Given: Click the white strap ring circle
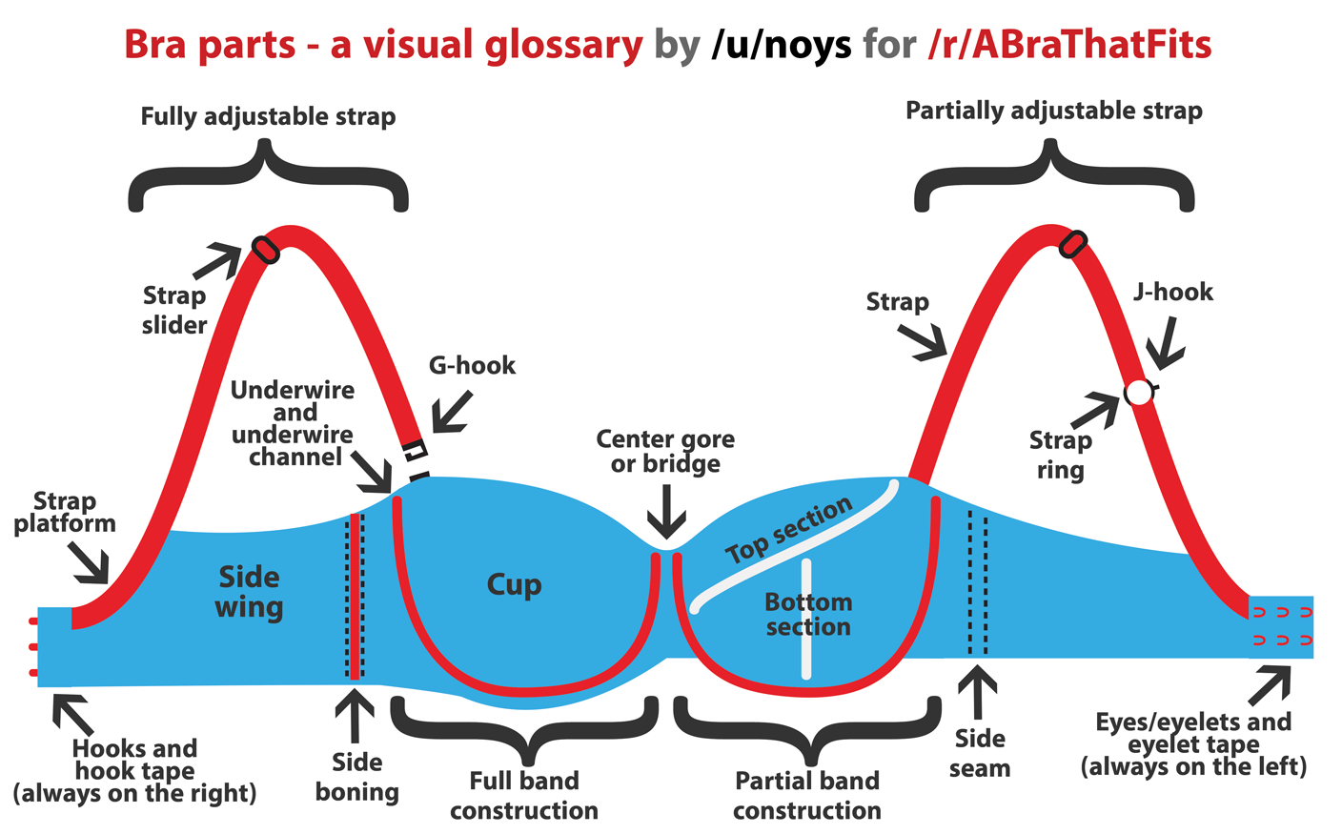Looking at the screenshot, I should pyautogui.click(x=1138, y=392).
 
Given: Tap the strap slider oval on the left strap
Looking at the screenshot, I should pyautogui.click(x=265, y=250).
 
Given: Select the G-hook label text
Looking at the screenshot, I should pyautogui.click(x=472, y=365).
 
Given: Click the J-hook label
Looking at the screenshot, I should pyautogui.click(x=1173, y=292).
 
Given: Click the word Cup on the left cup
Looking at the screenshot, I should pyautogui.click(x=514, y=584).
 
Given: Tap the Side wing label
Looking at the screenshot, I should pyautogui.click(x=249, y=592).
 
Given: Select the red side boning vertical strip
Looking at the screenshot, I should pyautogui.click(x=355, y=597).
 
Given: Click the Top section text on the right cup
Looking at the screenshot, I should pyautogui.click(x=788, y=530).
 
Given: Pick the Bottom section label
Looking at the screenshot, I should pyautogui.click(x=808, y=615).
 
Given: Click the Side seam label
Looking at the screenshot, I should pyautogui.click(x=980, y=753).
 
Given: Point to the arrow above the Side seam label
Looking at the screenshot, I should pyautogui.click(x=977, y=692).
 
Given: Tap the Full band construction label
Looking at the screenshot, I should pyautogui.click(x=524, y=796).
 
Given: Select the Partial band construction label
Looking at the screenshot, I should pyautogui.click(x=807, y=796).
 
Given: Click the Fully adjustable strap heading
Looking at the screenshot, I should pyautogui.click(x=268, y=117).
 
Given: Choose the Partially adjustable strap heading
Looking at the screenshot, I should pyautogui.click(x=1053, y=112).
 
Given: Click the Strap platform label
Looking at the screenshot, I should pyautogui.click(x=65, y=512).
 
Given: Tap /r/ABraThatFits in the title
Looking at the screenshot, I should pyautogui.click(x=1068, y=45).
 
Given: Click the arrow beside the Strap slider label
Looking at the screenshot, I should pyautogui.click(x=218, y=260).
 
